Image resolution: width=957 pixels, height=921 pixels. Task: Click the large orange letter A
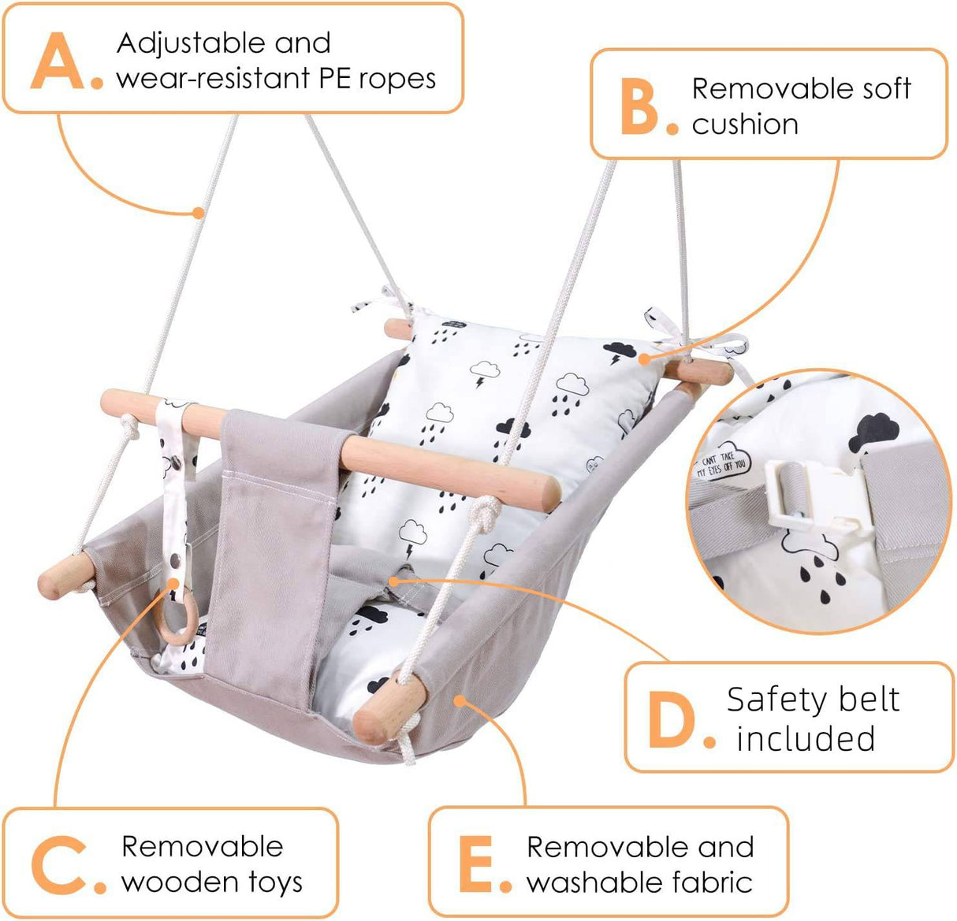click(x=58, y=61)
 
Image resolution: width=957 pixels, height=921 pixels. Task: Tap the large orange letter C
click(x=58, y=865)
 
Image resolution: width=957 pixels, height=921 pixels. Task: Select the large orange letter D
click(x=672, y=719)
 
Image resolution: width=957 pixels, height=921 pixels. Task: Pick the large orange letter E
click(x=477, y=865)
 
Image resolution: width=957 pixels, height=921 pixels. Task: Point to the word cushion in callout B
click(x=745, y=124)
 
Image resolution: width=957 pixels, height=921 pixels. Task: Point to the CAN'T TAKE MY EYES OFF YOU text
click(x=721, y=464)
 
